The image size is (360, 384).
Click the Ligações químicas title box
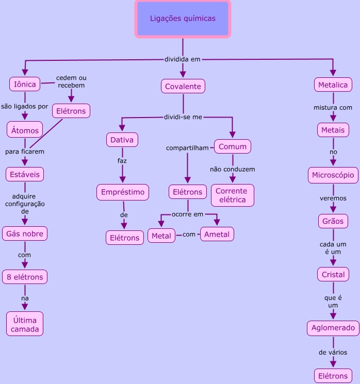click(x=183, y=19)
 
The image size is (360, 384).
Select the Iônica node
click(x=25, y=84)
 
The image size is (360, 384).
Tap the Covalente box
click(x=183, y=86)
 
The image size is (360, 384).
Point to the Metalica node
click(x=333, y=85)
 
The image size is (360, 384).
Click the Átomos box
click(x=25, y=130)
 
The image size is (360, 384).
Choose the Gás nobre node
click(x=25, y=233)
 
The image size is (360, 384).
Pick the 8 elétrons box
click(x=25, y=277)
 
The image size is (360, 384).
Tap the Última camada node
click(x=25, y=324)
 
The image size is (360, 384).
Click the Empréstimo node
click(x=123, y=192)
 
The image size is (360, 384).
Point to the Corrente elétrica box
click(x=232, y=195)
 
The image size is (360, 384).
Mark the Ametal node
click(x=217, y=234)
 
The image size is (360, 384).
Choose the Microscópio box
click(x=333, y=175)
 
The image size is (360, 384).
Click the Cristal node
click(x=333, y=274)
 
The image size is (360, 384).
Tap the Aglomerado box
click(x=333, y=328)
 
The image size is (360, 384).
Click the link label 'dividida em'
click(x=182, y=59)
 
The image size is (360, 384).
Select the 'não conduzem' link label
click(x=232, y=169)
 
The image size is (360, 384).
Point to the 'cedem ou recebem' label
click(x=71, y=81)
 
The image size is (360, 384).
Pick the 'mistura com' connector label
click(x=333, y=108)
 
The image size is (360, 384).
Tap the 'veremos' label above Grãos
click(x=333, y=198)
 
